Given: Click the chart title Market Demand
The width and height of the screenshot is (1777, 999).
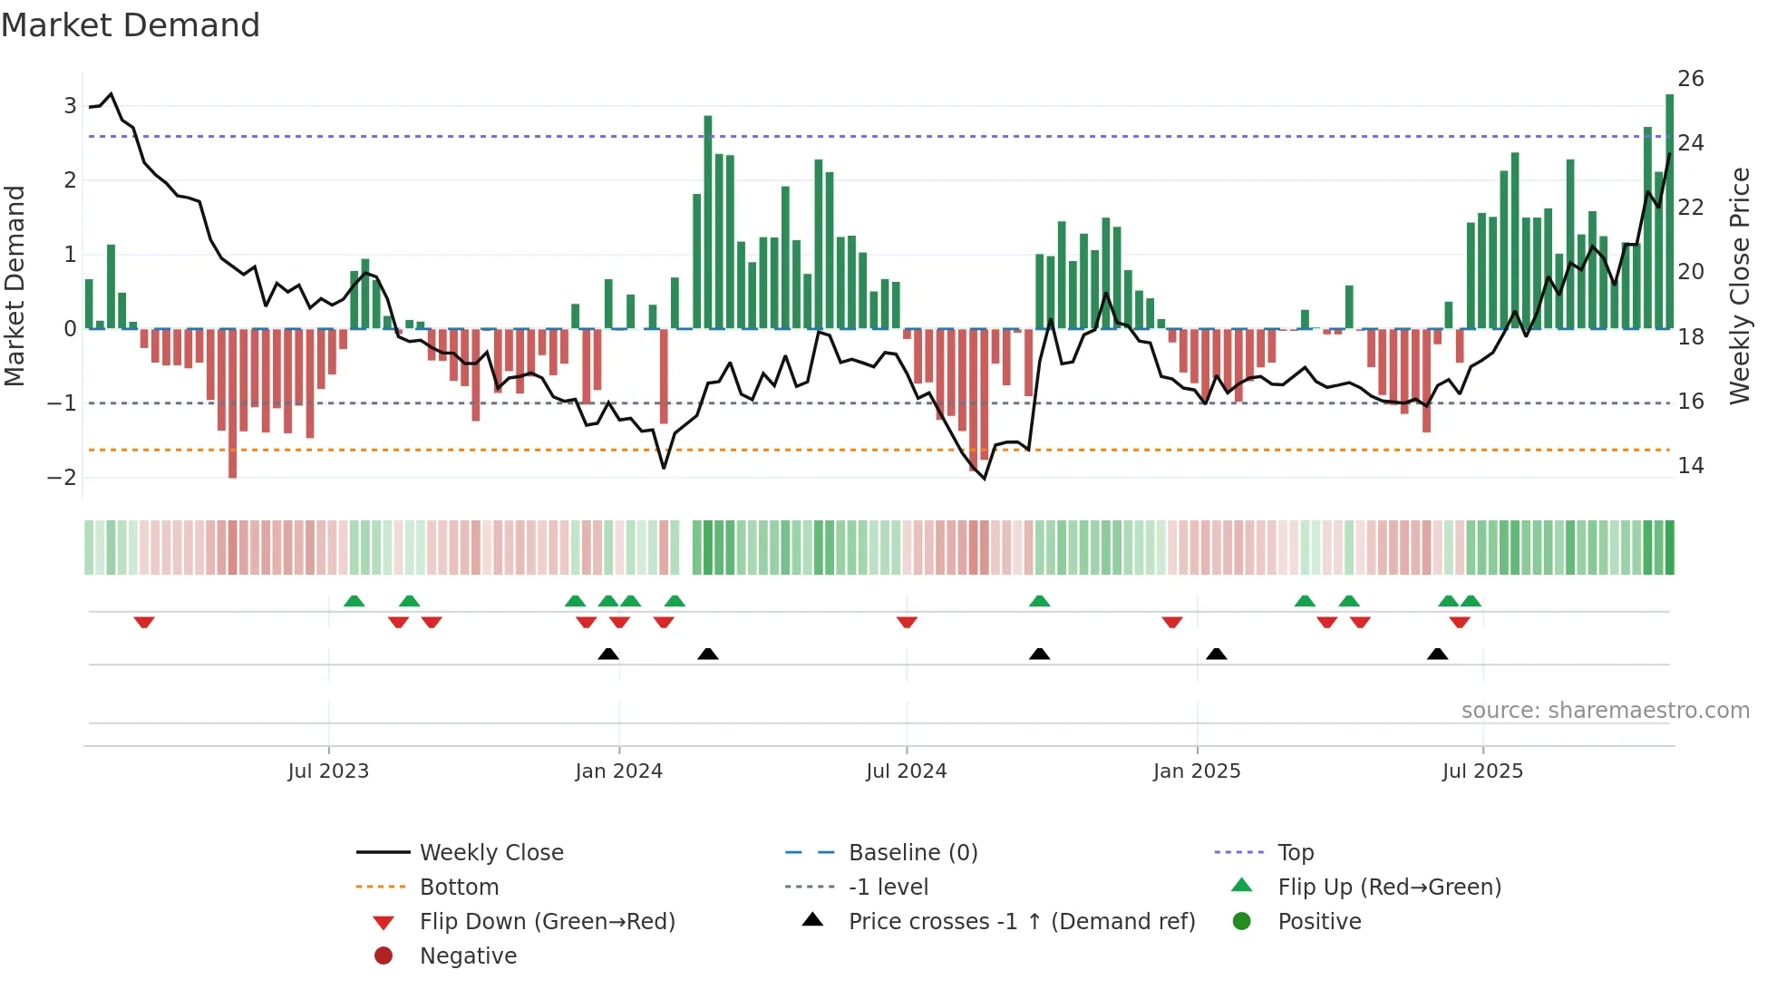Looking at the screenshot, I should coord(131,25).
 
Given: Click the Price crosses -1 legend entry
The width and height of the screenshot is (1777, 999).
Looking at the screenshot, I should coord(1021,921).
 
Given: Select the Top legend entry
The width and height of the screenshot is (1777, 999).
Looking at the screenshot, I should coord(1295,852).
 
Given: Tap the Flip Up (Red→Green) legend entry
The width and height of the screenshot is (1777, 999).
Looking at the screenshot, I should coord(1389,887).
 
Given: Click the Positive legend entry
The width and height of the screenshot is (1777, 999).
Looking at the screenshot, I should coord(1318,921).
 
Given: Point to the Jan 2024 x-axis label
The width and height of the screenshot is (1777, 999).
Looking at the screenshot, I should coord(618,771).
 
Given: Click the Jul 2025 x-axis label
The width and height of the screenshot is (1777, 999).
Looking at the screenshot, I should coord(1482,771).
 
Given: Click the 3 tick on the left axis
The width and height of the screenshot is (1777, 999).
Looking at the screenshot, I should coord(70,106).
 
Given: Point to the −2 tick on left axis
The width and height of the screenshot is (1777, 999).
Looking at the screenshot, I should coord(63,477).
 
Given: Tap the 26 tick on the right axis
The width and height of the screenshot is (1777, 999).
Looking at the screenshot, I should coord(1690,79).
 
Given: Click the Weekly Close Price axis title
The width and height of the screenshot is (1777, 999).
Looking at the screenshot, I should coord(1739,286).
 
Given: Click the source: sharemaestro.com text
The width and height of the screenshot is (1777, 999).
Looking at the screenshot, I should coord(1605,710).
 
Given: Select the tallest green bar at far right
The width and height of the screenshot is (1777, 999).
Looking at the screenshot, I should coord(1669,210).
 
